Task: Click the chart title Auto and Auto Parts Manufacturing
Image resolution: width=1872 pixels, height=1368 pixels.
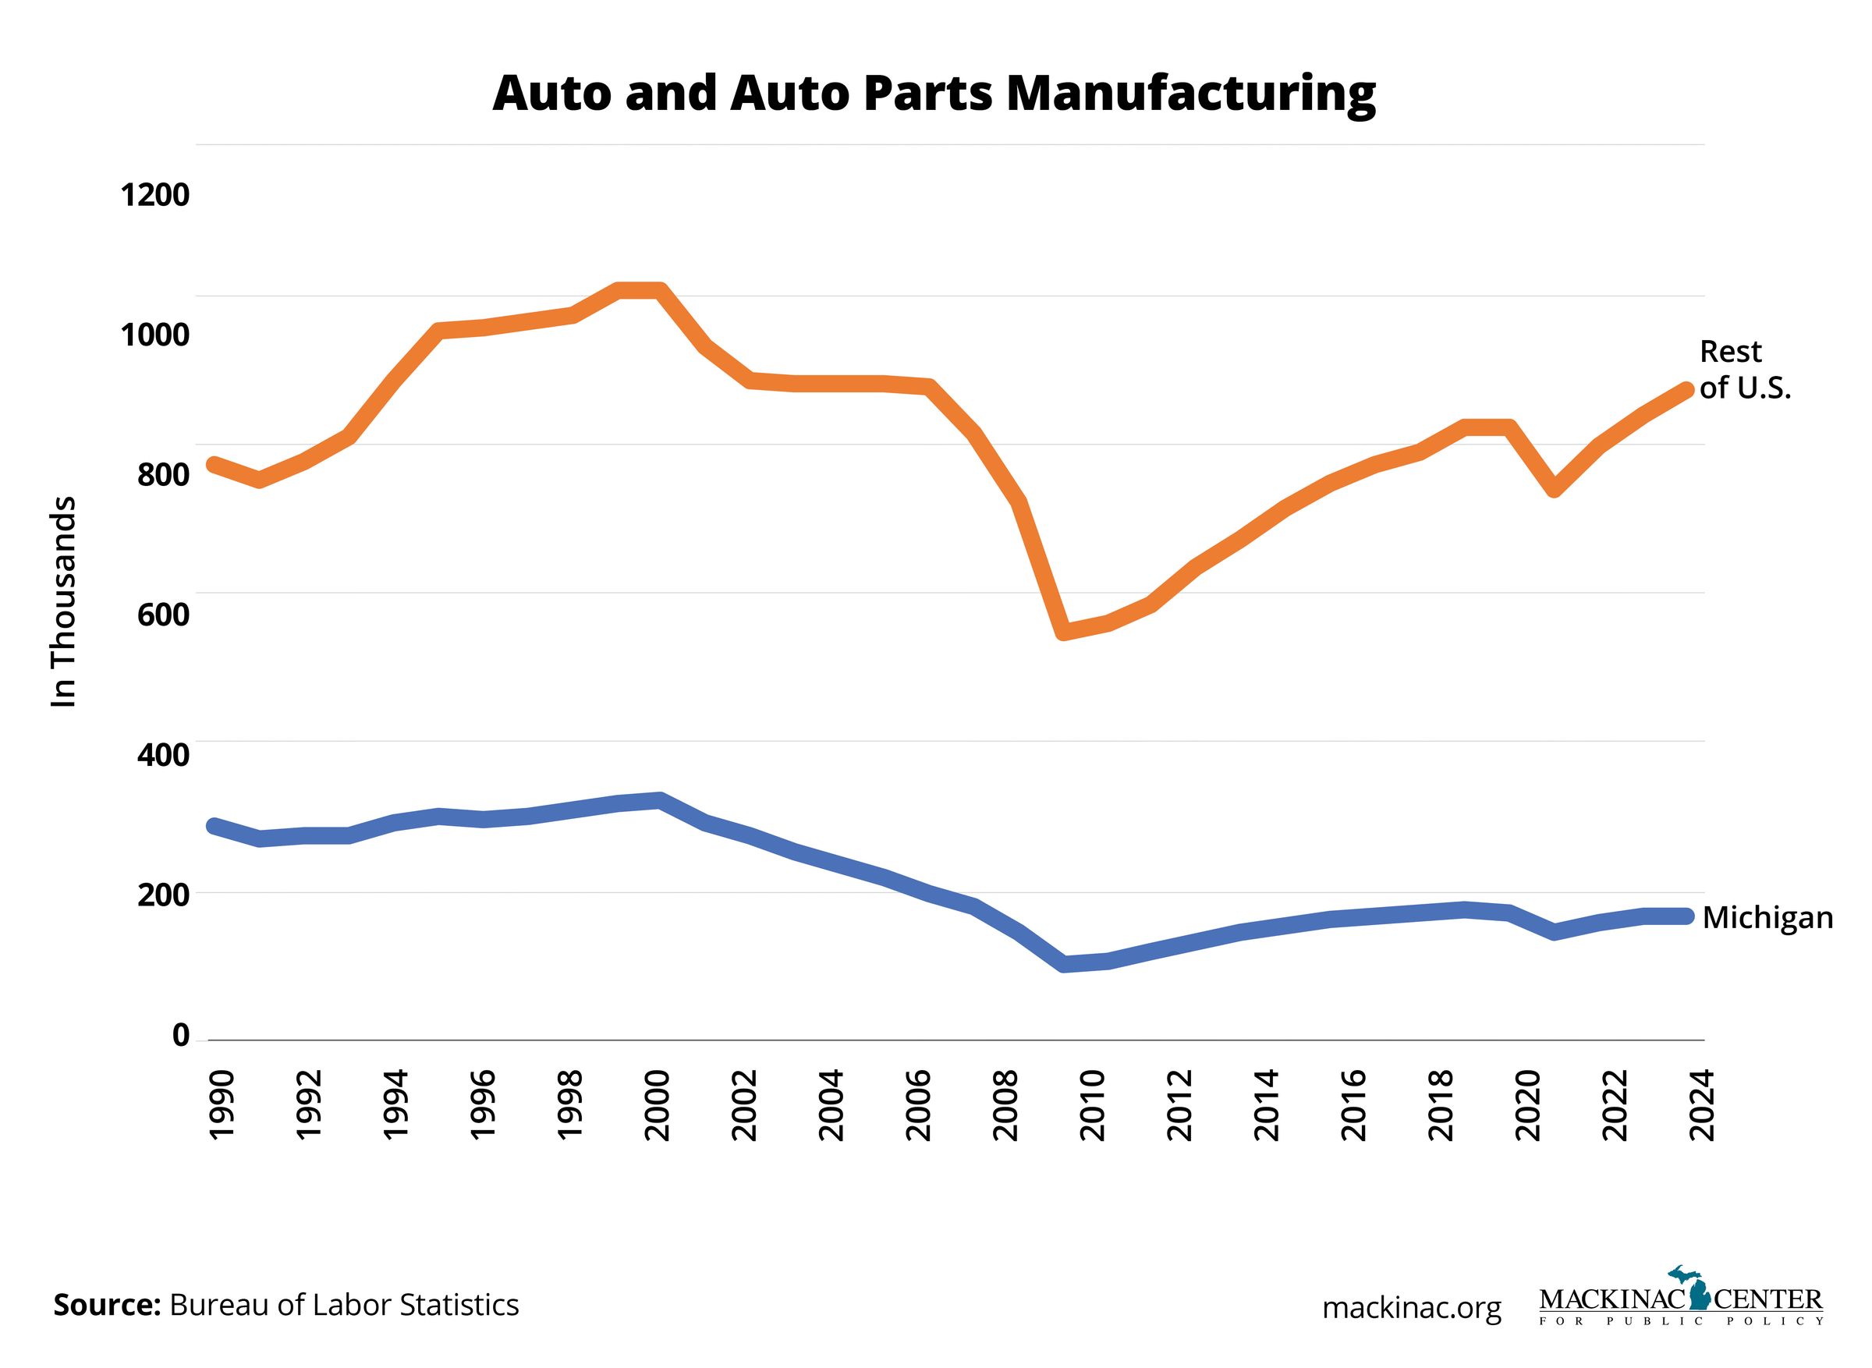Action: tap(933, 93)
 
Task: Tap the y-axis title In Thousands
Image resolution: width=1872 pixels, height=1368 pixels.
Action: tap(63, 601)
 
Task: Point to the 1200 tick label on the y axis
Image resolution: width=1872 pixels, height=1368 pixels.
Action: tap(154, 196)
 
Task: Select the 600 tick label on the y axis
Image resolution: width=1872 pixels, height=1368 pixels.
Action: tap(163, 615)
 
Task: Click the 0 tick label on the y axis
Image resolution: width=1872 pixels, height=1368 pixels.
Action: tap(180, 1035)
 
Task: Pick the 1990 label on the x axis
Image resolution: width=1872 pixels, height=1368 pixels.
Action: tap(222, 1105)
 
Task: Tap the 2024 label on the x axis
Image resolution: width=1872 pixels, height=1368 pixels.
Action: tap(1702, 1105)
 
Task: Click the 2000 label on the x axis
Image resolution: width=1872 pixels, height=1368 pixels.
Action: tap(658, 1105)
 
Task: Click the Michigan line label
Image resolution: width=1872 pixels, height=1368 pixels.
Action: tap(1767, 917)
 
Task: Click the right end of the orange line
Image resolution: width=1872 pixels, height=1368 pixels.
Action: tap(1686, 391)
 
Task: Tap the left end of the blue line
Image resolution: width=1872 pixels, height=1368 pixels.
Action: tap(214, 826)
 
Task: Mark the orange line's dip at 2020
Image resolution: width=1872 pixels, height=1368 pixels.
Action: tap(1554, 488)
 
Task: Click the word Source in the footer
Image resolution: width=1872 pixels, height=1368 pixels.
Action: tap(107, 1305)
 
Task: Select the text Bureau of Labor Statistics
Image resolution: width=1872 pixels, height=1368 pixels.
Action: tap(344, 1305)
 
